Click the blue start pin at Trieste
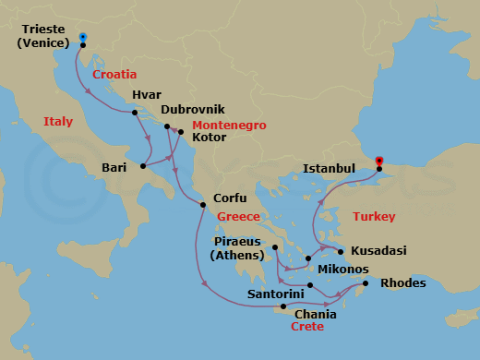[x=83, y=38]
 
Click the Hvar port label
[x=148, y=93]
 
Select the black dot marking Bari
[x=142, y=167]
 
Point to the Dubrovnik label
[x=192, y=109]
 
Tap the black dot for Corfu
[x=201, y=205]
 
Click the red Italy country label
[x=58, y=121]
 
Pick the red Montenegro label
[x=229, y=124]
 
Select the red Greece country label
[x=238, y=217]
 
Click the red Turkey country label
[x=374, y=217]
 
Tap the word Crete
[x=306, y=327]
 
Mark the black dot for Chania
[x=283, y=306]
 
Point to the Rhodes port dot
[x=366, y=283]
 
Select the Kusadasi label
[x=379, y=251]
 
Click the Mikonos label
[x=343, y=270]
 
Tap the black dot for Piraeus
[x=275, y=247]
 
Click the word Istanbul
[x=329, y=169]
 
